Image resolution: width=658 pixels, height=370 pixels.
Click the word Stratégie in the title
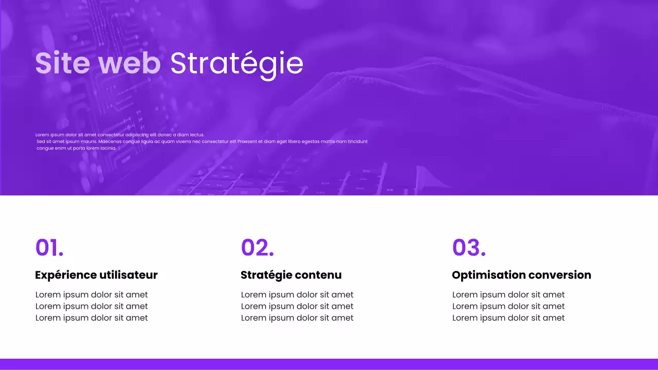point(236,63)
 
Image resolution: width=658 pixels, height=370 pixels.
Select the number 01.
point(49,247)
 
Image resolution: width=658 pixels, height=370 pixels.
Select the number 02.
point(257,247)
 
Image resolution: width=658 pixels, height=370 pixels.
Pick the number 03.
point(469,247)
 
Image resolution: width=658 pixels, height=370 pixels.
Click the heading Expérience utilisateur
point(96,275)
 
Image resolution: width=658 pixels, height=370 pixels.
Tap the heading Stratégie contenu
point(291,275)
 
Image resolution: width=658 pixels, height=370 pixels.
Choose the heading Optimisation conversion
point(521,275)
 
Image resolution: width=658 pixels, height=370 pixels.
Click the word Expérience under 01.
point(66,275)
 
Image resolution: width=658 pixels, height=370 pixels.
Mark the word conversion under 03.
point(560,275)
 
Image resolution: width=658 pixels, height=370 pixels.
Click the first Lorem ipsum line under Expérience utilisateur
point(92,294)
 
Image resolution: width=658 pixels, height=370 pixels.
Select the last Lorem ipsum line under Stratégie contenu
point(297,318)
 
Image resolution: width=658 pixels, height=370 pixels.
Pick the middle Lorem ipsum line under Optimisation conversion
point(508,306)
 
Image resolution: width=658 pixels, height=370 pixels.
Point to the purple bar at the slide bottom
point(329,364)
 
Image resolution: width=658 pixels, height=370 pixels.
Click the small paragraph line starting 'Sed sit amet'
point(202,141)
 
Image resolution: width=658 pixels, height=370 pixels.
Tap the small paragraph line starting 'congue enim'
point(77,148)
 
